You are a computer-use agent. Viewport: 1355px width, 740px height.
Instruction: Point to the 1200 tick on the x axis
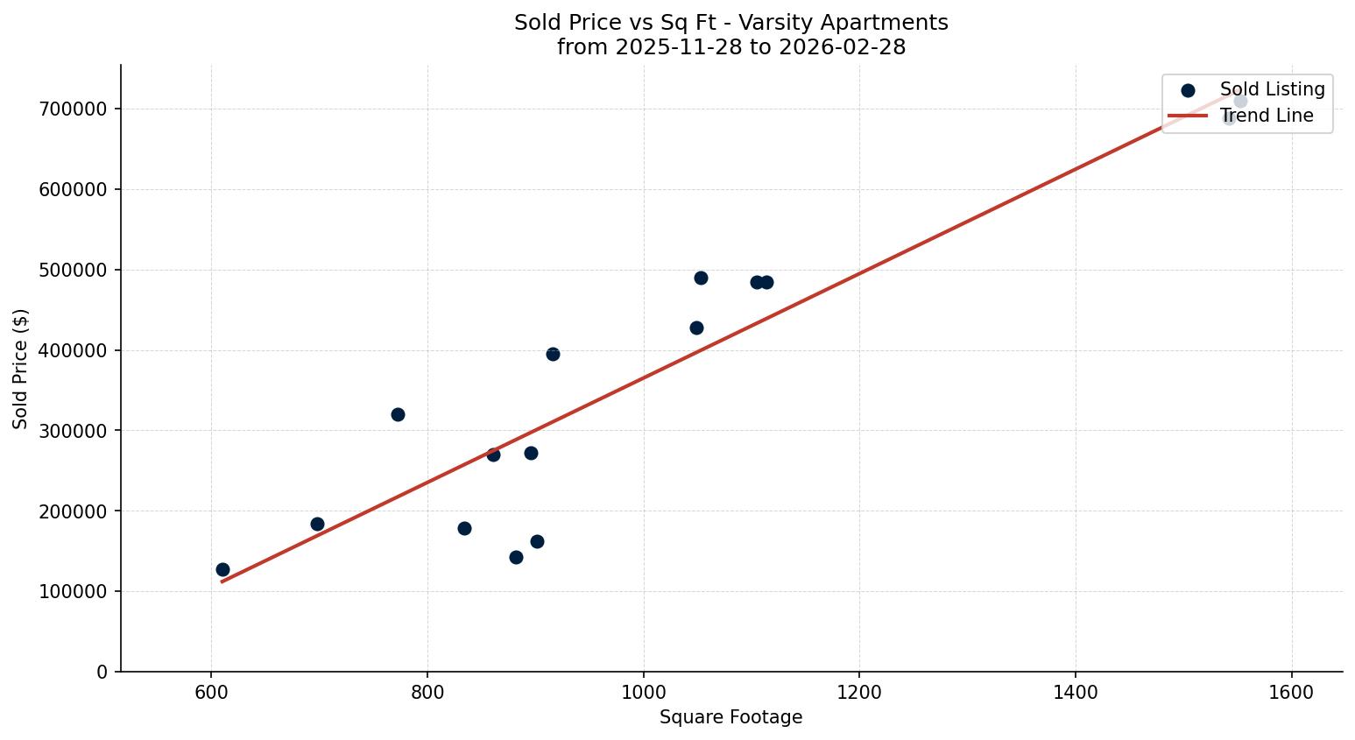pyautogui.click(x=859, y=692)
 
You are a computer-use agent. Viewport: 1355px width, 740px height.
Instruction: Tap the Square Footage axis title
pyautogui.click(x=730, y=717)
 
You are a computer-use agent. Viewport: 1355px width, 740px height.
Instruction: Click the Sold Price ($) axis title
pyautogui.click(x=20, y=369)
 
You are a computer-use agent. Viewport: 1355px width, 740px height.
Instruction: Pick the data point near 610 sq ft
pyautogui.click(x=222, y=569)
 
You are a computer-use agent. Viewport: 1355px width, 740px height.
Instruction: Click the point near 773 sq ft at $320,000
pyautogui.click(x=398, y=414)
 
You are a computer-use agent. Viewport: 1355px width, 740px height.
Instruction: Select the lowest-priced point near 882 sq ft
pyautogui.click(x=516, y=557)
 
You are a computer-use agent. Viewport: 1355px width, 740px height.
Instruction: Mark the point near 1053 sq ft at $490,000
pyautogui.click(x=701, y=278)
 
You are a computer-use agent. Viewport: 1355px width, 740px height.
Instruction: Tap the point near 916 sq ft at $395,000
pyautogui.click(x=553, y=354)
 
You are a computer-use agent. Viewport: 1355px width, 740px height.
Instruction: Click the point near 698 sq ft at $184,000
pyautogui.click(x=317, y=524)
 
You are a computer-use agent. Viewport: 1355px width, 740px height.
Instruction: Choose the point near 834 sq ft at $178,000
pyautogui.click(x=464, y=528)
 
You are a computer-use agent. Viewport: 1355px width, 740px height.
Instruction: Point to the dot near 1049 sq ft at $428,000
pyautogui.click(x=696, y=328)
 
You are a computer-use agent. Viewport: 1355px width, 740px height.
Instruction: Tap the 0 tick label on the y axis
pyautogui.click(x=102, y=672)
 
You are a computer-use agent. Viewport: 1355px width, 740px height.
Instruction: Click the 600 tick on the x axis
pyautogui.click(x=211, y=692)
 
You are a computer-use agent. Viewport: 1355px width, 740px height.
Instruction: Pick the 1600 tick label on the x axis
pyautogui.click(x=1291, y=692)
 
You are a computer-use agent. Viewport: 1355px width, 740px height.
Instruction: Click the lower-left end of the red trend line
pyautogui.click(x=222, y=581)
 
